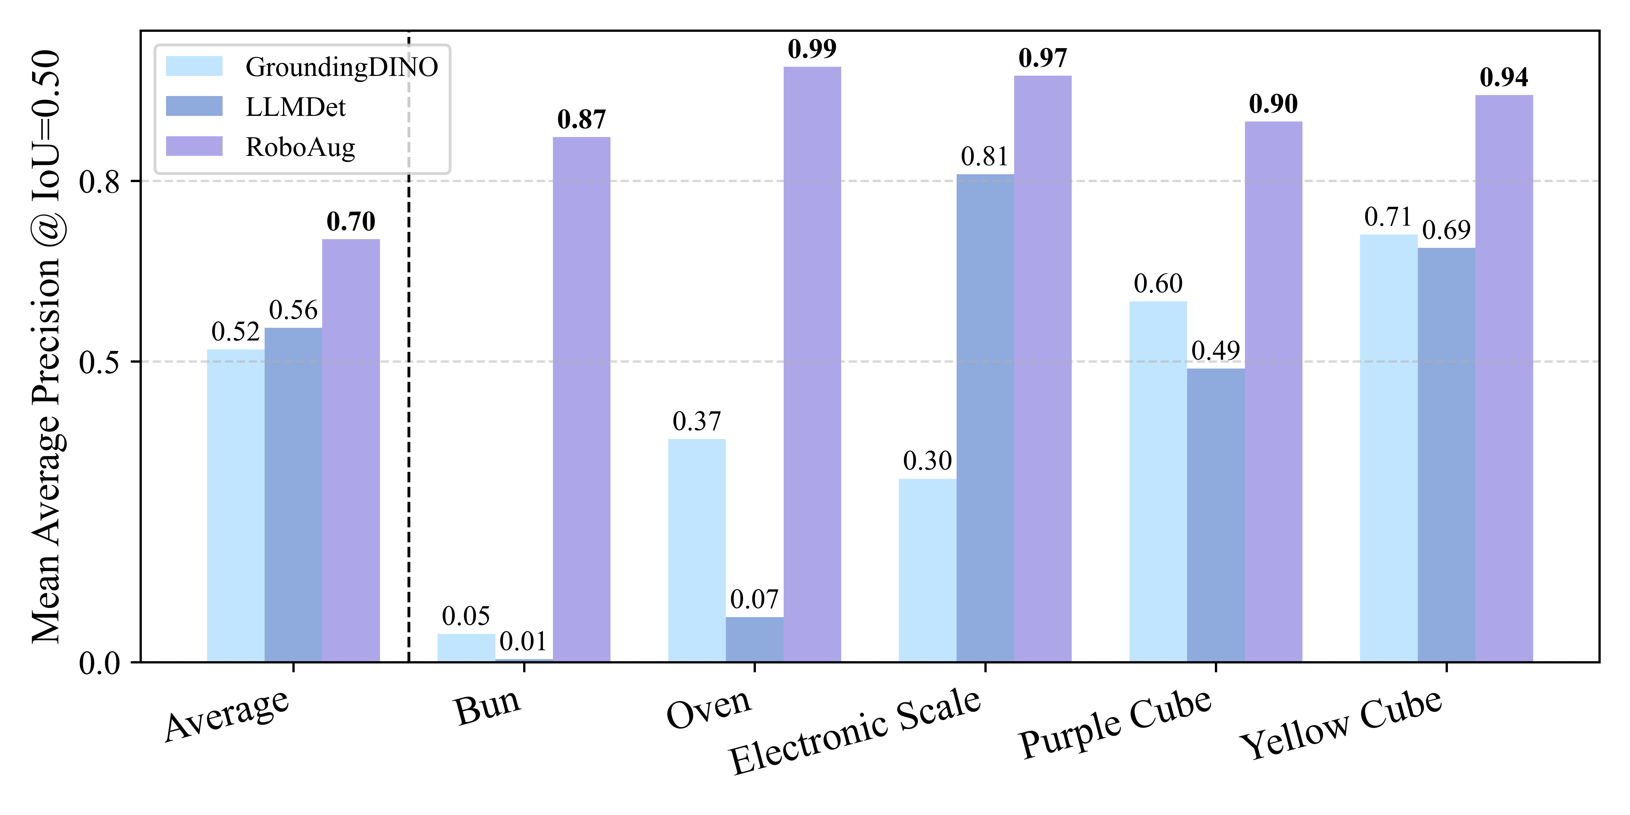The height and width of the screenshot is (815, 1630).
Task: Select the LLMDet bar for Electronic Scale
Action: [x=985, y=418]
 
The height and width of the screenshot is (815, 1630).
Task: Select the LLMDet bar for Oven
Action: [x=754, y=639]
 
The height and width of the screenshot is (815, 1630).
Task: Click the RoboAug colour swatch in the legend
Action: [x=194, y=146]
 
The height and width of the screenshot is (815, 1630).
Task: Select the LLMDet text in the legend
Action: [x=295, y=107]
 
